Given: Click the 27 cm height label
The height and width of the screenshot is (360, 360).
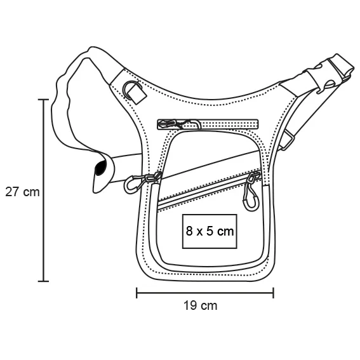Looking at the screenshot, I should pos(22,192).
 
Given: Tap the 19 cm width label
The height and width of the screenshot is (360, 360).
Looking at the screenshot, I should pos(200,305).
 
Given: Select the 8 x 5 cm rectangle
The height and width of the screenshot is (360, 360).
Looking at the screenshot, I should pos(210,232).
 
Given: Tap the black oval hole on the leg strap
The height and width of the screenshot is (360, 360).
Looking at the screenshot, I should pos(99,168).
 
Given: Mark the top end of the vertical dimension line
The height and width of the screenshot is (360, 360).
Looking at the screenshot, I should pos(43,99).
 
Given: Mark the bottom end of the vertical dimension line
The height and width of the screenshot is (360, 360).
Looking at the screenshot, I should pos(43,281).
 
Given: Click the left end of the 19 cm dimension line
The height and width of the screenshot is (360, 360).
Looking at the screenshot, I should pos(137,293).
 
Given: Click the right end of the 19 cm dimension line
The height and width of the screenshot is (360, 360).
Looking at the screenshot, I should pos(274,293).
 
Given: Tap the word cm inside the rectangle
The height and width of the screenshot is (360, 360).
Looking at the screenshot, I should pos(225,232).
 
